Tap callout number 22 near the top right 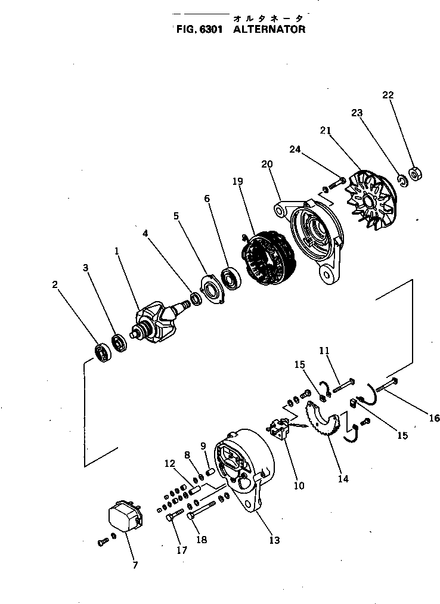coord(388,95)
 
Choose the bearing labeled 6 coord(230,278)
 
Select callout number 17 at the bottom coord(182,551)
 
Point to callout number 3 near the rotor coord(86,268)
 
